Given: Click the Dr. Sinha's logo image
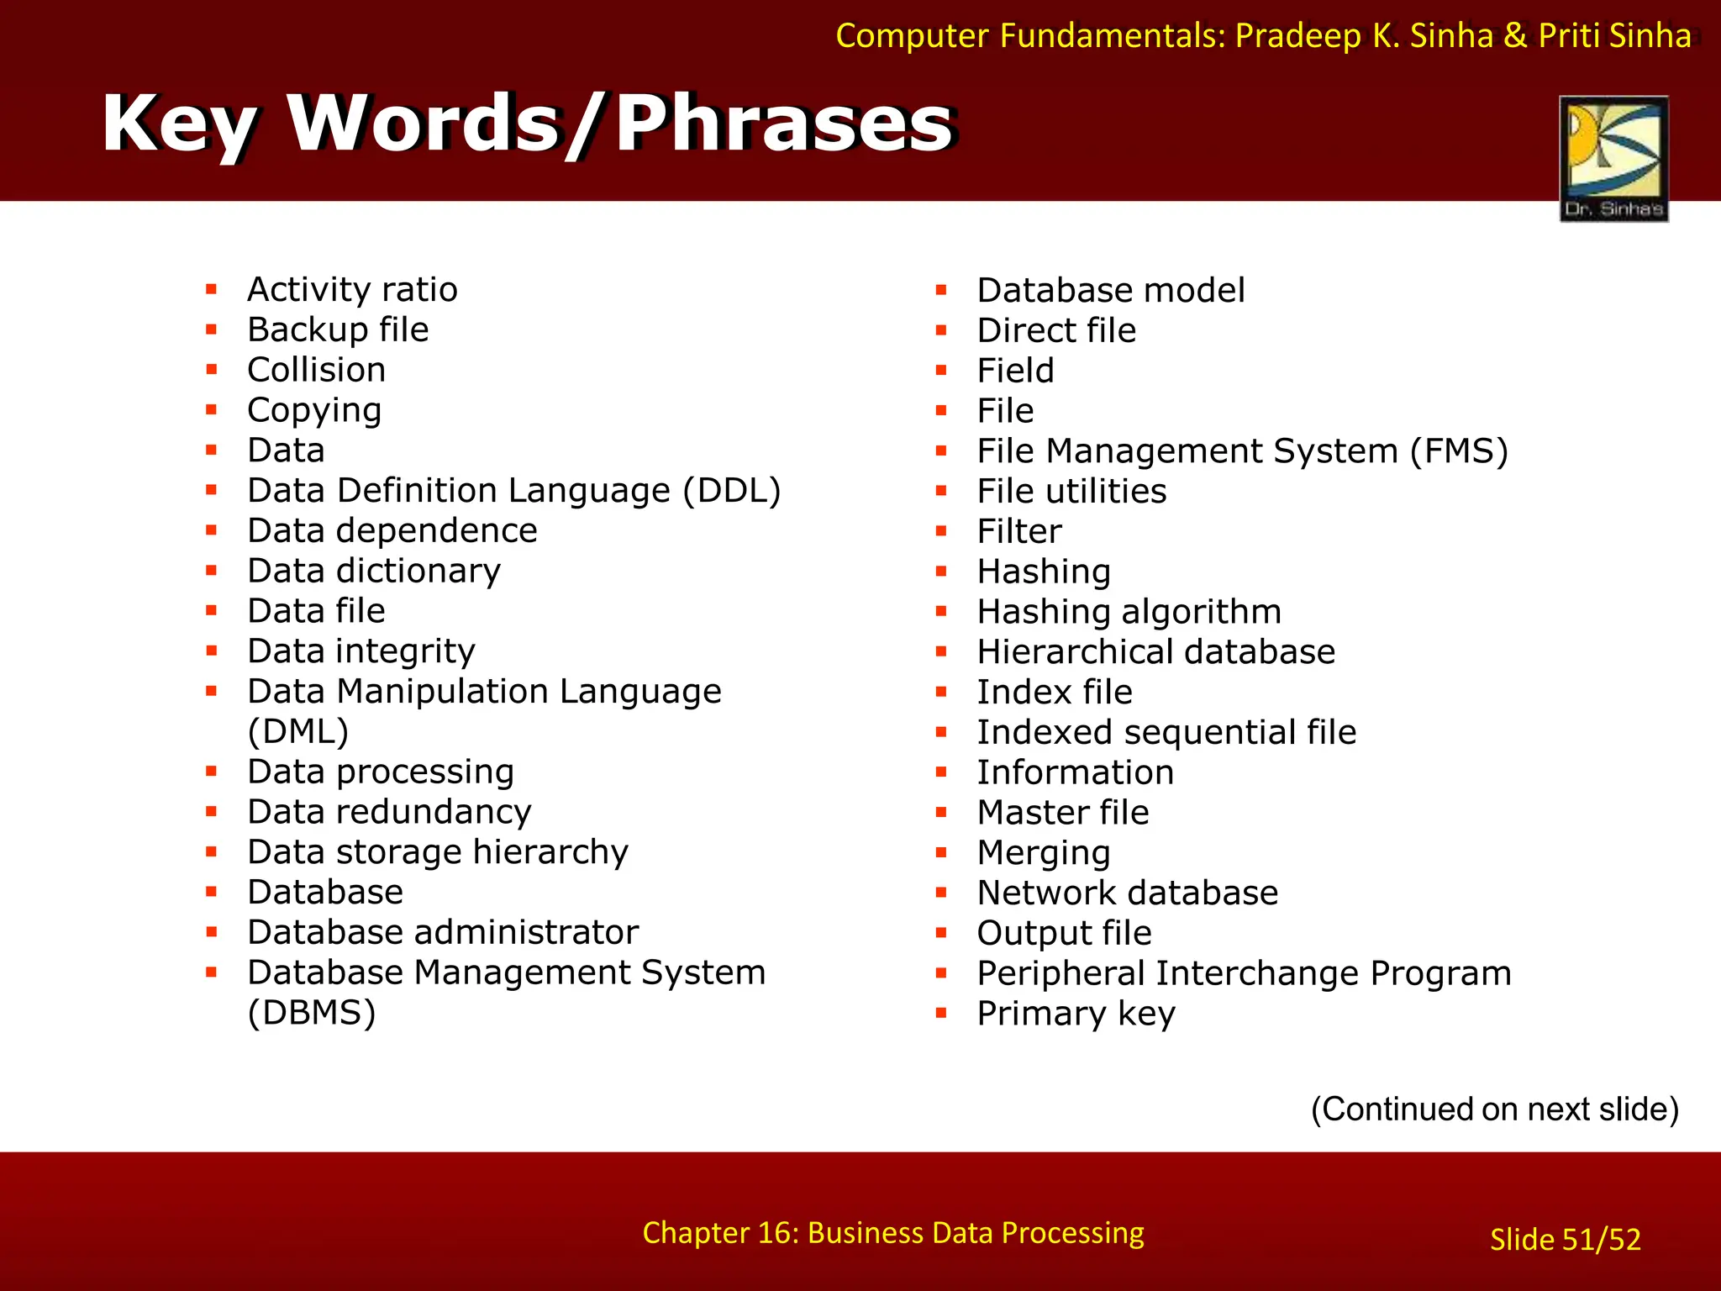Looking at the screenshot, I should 1613,158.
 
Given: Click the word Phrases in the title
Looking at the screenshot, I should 783,124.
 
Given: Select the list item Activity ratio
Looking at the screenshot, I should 352,290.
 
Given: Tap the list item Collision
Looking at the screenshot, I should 317,370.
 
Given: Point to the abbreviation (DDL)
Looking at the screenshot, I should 732,491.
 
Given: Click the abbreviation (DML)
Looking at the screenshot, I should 298,731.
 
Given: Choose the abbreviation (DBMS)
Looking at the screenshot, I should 312,1013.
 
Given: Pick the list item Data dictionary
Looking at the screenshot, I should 374,572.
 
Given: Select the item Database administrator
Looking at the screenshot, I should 443,932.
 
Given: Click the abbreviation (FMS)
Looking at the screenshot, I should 1460,451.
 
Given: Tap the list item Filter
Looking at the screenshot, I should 1019,532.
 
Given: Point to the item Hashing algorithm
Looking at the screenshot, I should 1129,612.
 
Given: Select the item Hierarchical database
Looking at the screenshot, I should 1156,652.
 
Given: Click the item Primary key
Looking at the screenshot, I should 1076,1014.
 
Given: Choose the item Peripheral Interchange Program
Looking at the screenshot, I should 1244,973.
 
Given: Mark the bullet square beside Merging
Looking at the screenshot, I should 941,852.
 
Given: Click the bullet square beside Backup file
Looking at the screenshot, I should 212,329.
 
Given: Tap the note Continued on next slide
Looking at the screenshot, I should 1495,1109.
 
